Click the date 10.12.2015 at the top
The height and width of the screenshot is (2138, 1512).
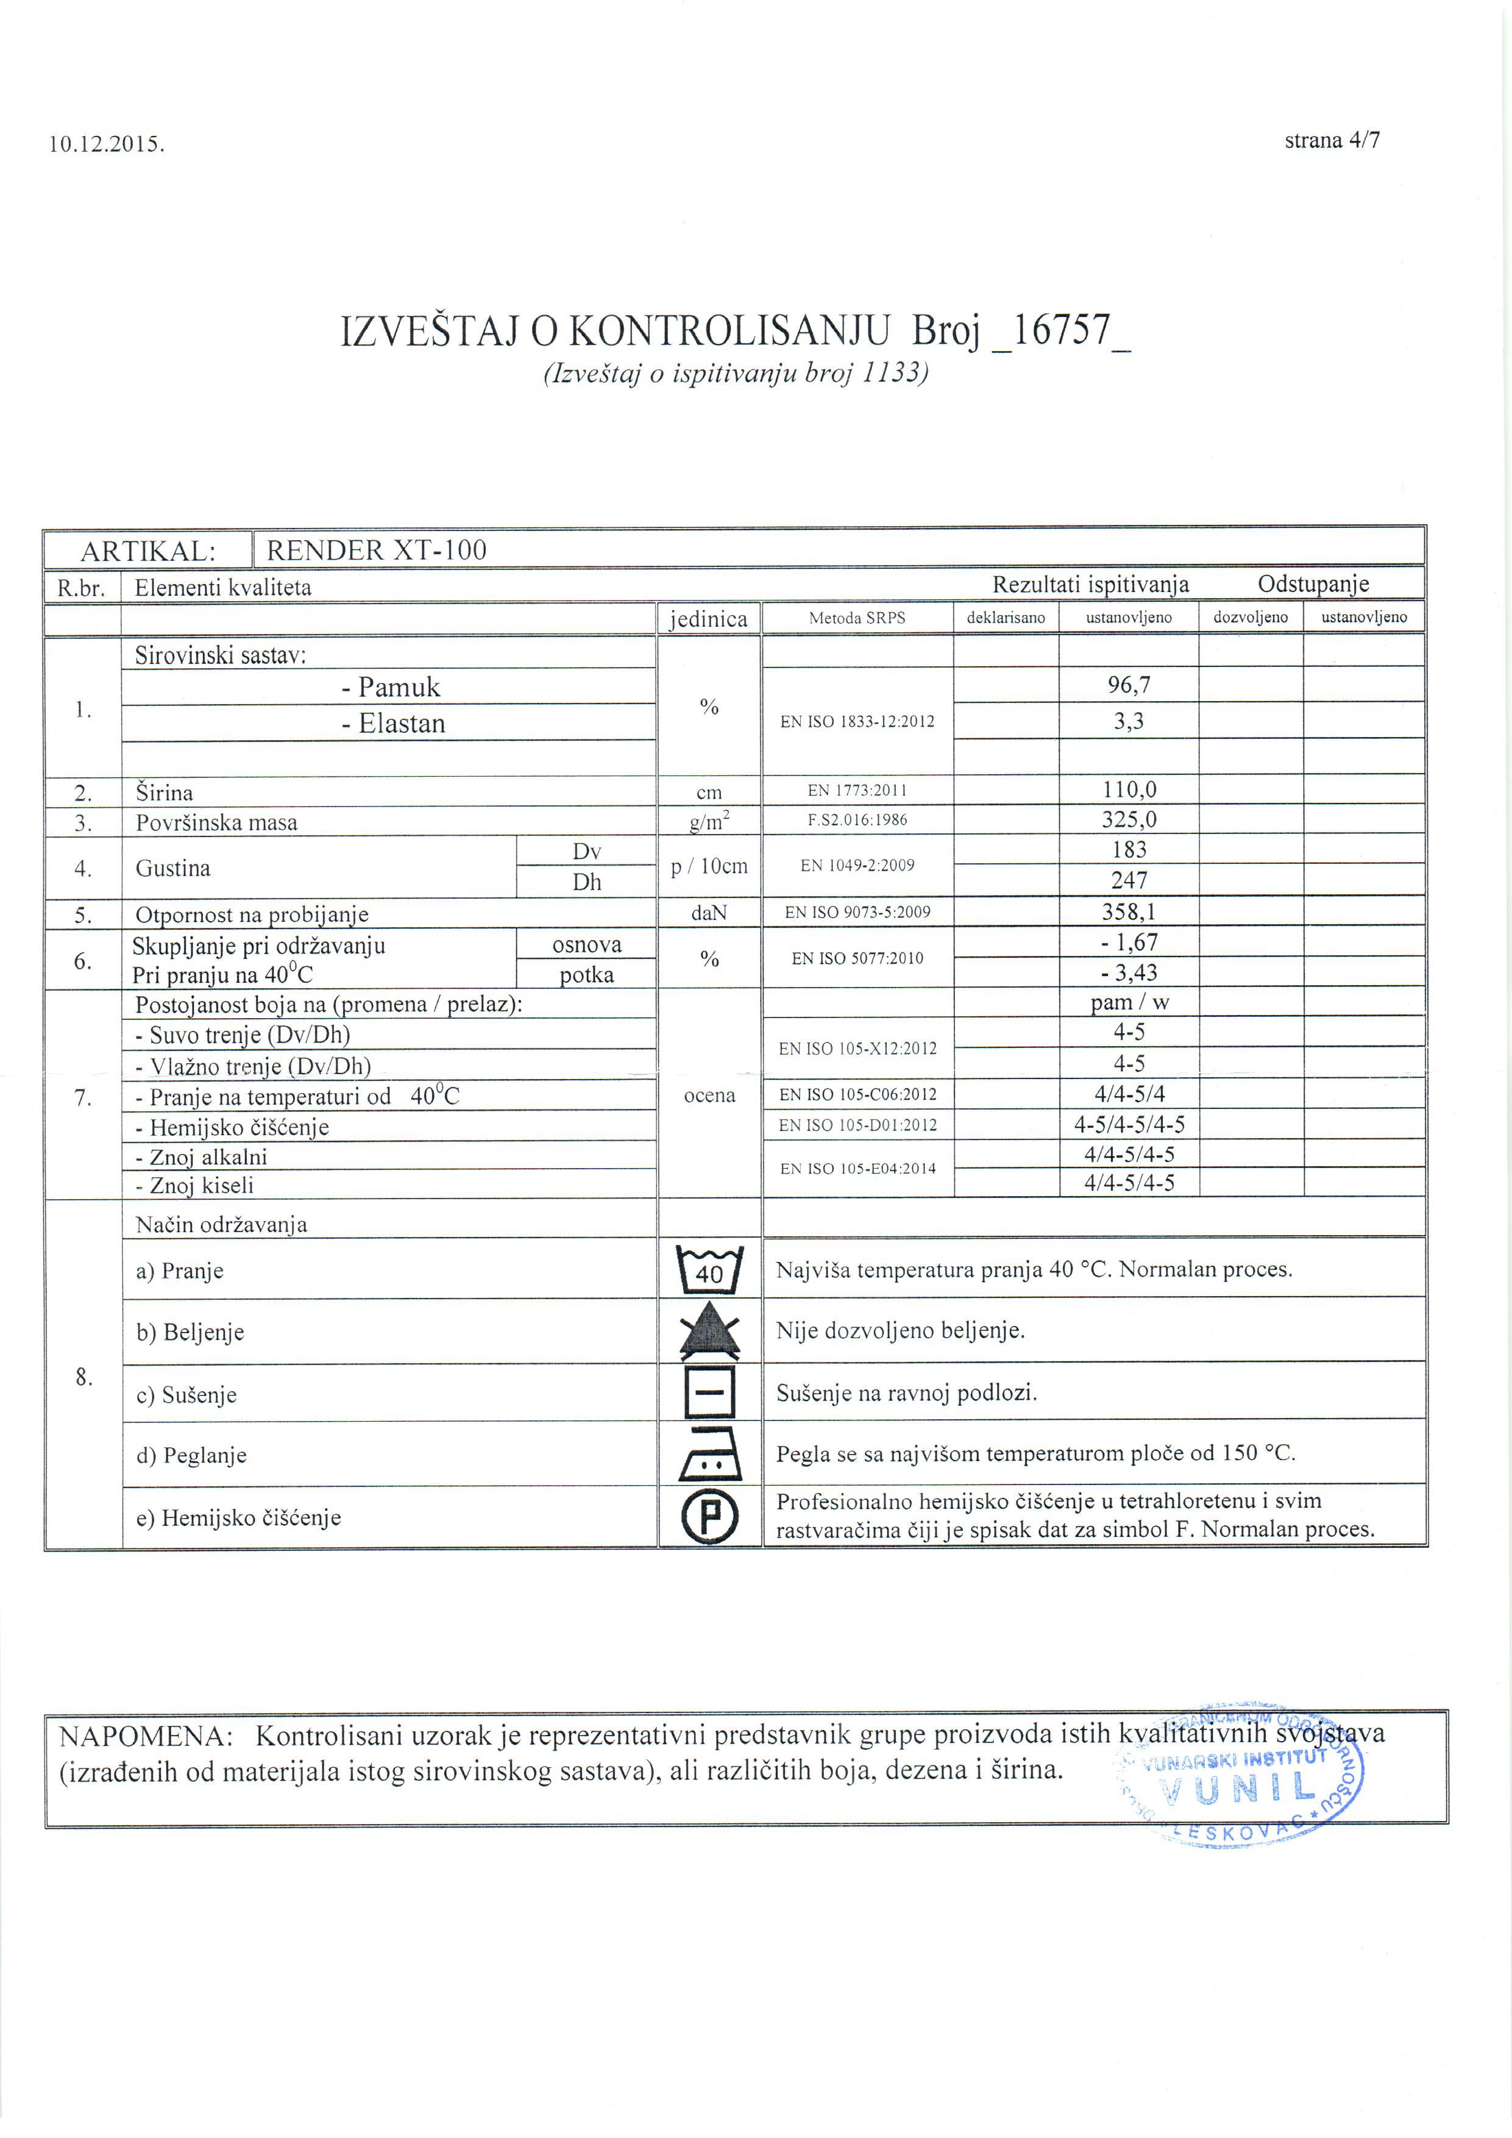click(106, 144)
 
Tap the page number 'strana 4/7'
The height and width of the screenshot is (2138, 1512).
click(1332, 141)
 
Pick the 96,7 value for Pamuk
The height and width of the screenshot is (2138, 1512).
click(1129, 685)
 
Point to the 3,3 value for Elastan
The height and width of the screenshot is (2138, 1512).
click(1129, 721)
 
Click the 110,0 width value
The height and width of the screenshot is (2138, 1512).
click(1129, 789)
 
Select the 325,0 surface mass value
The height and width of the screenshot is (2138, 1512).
click(1129, 819)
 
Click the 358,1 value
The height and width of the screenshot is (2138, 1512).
click(1129, 911)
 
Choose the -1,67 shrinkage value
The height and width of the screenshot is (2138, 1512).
click(1129, 943)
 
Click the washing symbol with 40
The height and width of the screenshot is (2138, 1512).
click(709, 1269)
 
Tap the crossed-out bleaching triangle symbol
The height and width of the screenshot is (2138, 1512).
click(709, 1331)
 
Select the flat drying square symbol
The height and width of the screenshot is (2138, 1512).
click(709, 1393)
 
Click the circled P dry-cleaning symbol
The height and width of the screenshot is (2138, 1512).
click(709, 1517)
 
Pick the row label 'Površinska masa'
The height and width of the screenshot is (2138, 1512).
click(216, 823)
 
